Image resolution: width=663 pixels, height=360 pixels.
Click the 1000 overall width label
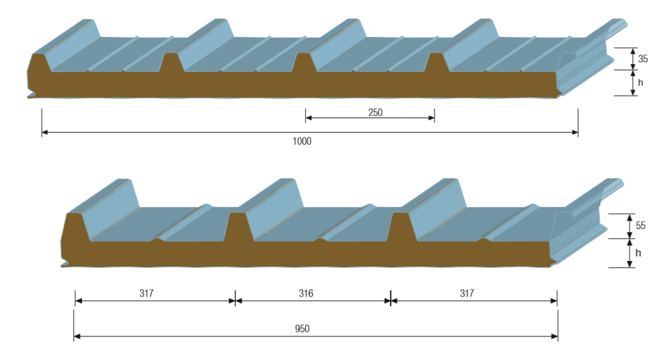301,141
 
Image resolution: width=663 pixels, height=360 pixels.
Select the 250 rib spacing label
375,112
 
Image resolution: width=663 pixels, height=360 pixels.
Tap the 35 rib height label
643,59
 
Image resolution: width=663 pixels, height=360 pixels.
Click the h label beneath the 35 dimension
640,83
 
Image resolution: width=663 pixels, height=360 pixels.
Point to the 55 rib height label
640,225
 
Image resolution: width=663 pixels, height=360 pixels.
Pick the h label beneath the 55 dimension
638,252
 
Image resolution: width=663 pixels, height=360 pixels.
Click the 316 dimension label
306,294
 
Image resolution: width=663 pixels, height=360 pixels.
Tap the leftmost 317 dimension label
146,294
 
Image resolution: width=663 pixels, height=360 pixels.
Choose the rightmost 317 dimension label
466,294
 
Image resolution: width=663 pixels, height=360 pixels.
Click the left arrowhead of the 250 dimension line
309,118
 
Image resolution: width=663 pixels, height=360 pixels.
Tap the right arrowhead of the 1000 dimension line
575,133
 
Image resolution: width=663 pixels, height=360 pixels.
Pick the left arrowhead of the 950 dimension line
77,336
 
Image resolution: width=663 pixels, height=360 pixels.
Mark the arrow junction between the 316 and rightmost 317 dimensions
391,300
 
